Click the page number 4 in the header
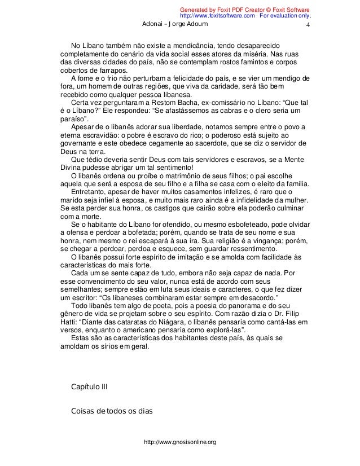(x=308, y=26)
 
